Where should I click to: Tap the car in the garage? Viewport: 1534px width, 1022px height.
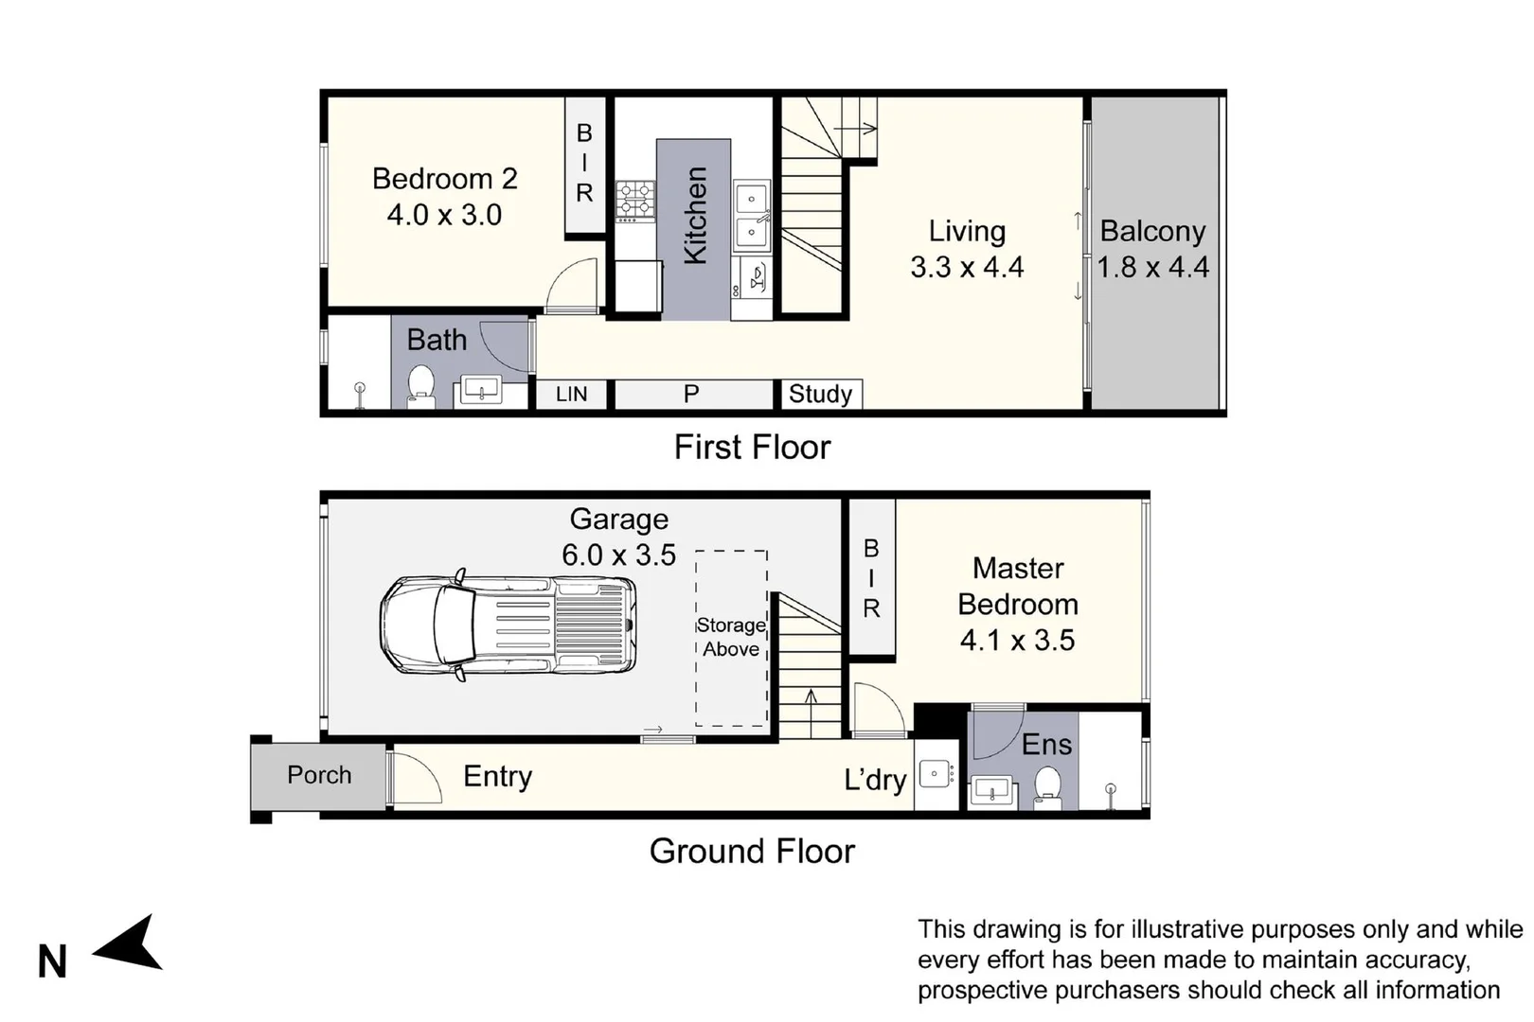[x=508, y=625]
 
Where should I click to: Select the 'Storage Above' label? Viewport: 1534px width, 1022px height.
[x=731, y=637]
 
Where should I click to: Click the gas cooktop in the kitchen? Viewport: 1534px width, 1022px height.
[x=634, y=202]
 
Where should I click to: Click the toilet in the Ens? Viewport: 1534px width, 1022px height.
[x=1047, y=787]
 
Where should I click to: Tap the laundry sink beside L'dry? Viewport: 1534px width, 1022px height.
[x=936, y=774]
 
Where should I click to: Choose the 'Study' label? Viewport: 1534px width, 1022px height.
[x=820, y=394]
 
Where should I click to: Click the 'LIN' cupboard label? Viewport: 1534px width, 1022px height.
[x=571, y=395]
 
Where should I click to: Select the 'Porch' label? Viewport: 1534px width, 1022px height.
[x=319, y=775]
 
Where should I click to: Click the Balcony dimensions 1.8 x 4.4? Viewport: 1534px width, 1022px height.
[x=1153, y=267]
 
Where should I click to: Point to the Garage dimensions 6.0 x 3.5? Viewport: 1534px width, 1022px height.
[x=619, y=555]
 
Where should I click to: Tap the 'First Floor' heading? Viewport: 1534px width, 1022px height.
[x=752, y=447]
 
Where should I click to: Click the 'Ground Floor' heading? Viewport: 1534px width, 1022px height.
[x=752, y=851]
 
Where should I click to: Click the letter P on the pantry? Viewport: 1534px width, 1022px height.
[x=691, y=394]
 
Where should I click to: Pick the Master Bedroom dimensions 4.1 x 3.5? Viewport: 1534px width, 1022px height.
[x=1017, y=641]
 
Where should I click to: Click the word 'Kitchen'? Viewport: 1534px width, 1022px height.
[x=695, y=216]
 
